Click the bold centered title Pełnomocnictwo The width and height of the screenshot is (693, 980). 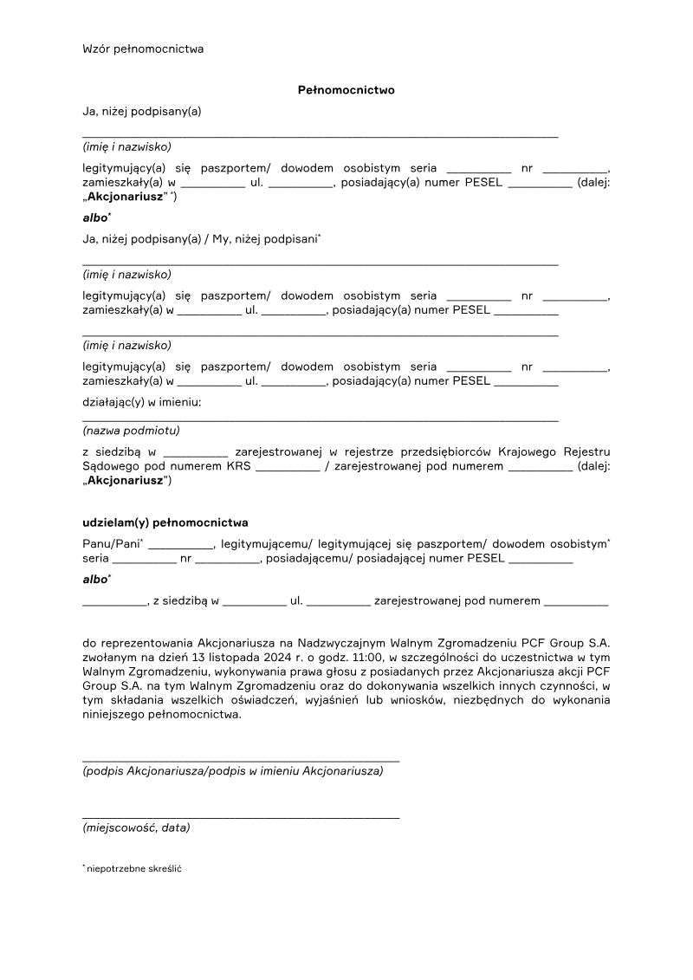point(346,89)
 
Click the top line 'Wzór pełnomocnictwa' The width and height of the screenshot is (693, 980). point(143,49)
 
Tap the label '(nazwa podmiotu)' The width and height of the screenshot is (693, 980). point(131,430)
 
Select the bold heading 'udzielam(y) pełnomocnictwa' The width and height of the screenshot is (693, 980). point(165,522)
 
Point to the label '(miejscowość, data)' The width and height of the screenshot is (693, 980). point(136,827)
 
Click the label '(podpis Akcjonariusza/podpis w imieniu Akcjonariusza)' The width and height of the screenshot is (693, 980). point(233,770)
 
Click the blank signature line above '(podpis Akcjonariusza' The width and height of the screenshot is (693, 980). point(241,760)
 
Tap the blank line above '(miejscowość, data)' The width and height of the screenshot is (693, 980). point(241,817)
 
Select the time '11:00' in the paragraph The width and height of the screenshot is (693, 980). point(365,657)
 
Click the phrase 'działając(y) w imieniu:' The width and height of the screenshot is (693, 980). point(142,402)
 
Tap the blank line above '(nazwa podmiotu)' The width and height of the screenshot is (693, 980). point(321,420)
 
